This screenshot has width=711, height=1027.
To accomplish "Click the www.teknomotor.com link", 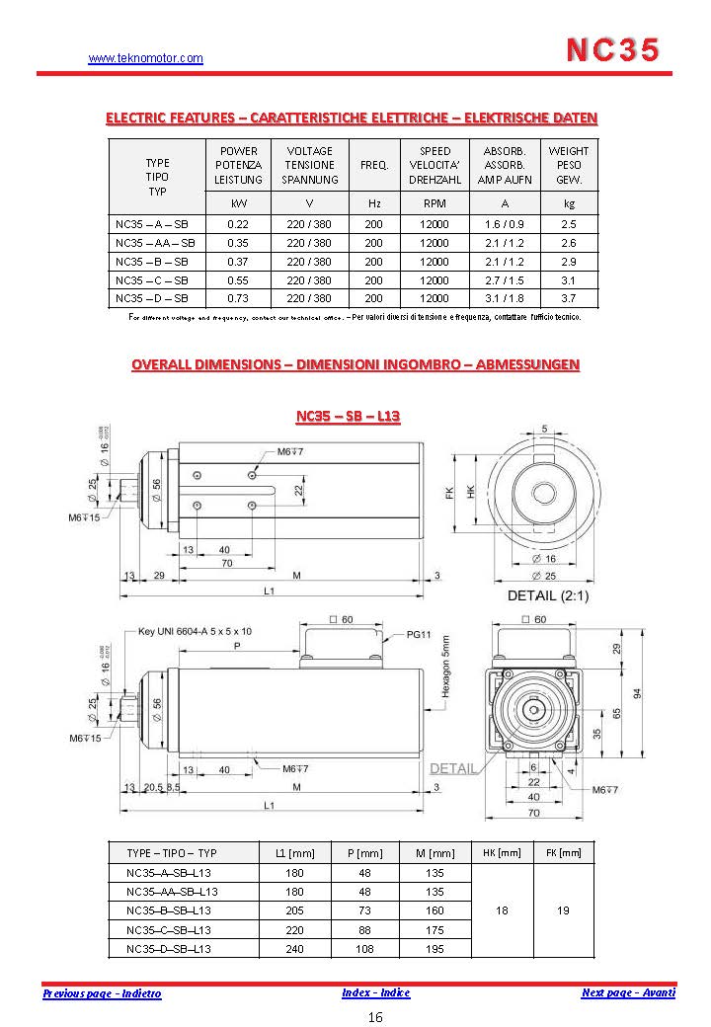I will click(145, 58).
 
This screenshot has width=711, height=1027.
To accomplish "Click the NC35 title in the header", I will click(613, 50).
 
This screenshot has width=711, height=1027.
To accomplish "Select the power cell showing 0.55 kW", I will click(237, 279).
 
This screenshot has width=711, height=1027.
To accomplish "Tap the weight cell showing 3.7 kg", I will click(568, 297).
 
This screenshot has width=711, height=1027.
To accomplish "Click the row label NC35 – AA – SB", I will click(155, 242).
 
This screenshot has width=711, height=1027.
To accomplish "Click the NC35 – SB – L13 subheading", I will click(348, 416).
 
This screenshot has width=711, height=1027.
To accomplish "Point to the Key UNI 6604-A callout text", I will click(195, 630).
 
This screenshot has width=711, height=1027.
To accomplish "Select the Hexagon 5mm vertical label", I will click(446, 667).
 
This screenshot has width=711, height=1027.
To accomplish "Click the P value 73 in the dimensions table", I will click(365, 909).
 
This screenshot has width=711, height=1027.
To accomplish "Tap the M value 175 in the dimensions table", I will click(434, 929).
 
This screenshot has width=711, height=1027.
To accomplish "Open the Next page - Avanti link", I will click(628, 992).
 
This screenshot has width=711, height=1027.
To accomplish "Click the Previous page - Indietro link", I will click(102, 993).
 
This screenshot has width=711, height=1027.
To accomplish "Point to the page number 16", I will click(375, 1017).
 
